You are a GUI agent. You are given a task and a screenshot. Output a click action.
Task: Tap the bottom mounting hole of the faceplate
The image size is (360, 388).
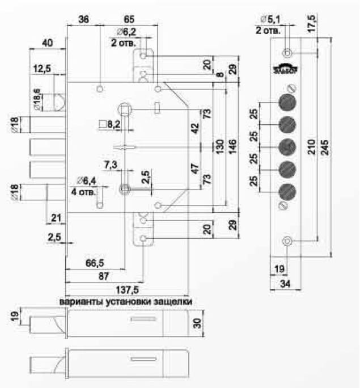287,242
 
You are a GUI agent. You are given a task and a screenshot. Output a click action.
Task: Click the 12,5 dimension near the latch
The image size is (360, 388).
43,69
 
